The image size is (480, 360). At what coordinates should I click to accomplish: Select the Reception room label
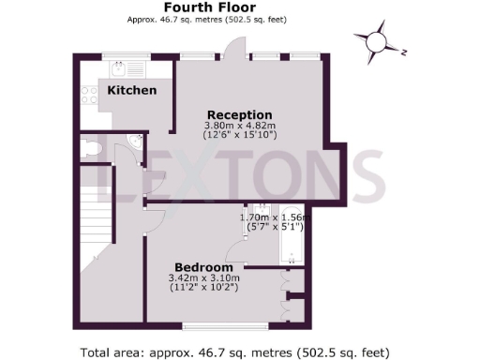[x=239, y=114]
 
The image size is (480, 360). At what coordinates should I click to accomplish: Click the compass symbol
[x=377, y=42]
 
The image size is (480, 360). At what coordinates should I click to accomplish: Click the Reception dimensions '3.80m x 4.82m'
[x=239, y=126]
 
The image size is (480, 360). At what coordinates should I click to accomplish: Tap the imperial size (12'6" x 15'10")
[x=239, y=136]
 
